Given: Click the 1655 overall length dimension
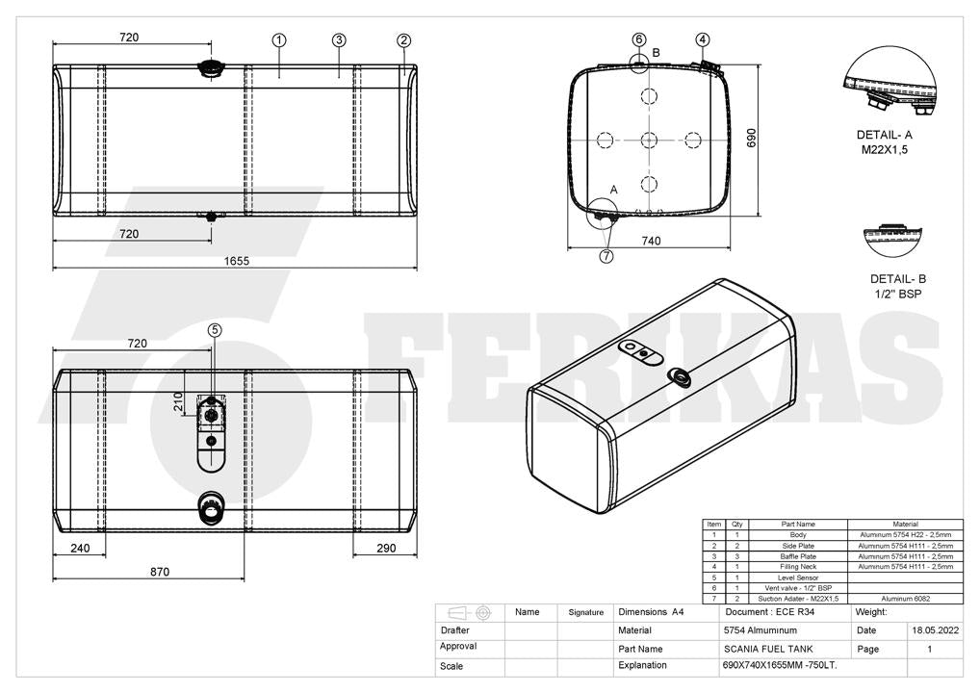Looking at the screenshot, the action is click(236, 261).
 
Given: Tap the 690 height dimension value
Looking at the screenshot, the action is click(751, 138).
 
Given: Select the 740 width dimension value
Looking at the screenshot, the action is click(651, 241).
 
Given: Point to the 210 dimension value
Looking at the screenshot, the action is click(178, 401).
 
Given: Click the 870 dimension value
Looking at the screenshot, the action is click(160, 571).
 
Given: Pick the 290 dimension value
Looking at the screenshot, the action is click(386, 548).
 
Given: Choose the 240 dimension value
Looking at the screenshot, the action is click(80, 548).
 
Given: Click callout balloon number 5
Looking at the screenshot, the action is click(215, 330).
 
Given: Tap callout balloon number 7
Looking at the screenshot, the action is click(606, 256).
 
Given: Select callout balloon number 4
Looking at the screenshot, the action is click(703, 40).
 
